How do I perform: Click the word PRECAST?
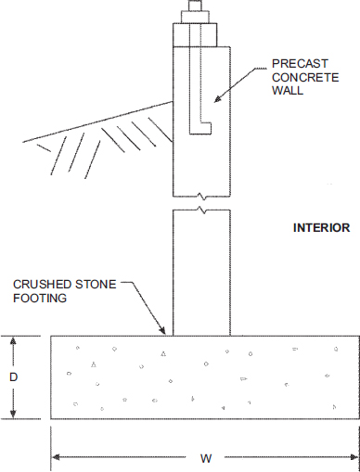[300, 64]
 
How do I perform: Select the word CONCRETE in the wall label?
[305, 77]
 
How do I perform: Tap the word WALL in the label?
[288, 91]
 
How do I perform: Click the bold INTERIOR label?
[322, 228]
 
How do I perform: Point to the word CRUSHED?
[43, 285]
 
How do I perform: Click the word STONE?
[96, 285]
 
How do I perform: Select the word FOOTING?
[40, 298]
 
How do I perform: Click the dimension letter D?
[13, 377]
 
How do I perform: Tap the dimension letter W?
[206, 458]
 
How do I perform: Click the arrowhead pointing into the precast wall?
[218, 98]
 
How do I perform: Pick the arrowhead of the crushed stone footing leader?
[162, 330]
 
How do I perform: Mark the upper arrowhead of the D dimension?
[13, 340]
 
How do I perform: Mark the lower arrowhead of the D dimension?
[13, 415]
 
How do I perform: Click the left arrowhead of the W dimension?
[55, 457]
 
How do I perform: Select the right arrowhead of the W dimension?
[354, 457]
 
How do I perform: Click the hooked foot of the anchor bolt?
[200, 128]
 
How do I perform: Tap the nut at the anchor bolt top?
[195, 17]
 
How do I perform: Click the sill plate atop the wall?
[195, 34]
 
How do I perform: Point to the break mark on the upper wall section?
[201, 196]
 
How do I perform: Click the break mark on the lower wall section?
[201, 210]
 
